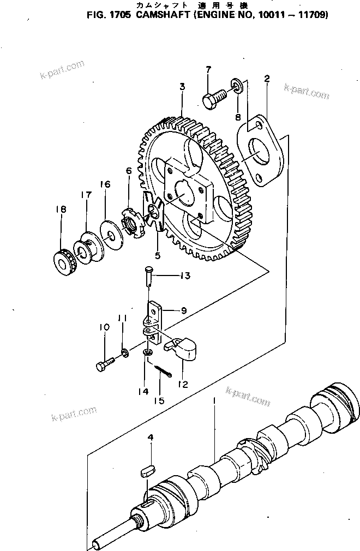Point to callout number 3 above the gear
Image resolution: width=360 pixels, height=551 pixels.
click(182, 86)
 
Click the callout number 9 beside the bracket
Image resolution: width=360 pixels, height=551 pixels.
click(183, 310)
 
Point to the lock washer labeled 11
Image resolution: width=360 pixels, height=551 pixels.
click(124, 354)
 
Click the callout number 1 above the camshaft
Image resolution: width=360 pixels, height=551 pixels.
click(215, 400)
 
